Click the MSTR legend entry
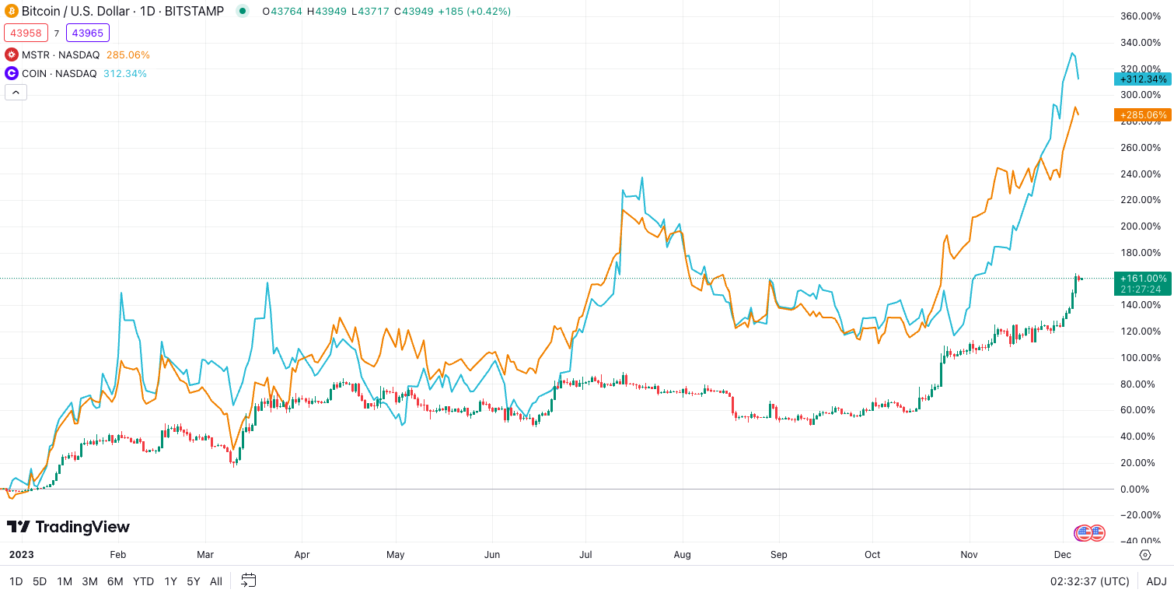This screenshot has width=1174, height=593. coord(60,54)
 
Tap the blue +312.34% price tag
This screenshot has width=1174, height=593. coord(1142,79)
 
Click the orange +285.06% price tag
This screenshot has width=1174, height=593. coord(1142,115)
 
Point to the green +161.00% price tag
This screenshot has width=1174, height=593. coord(1142,279)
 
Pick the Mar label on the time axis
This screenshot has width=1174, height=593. coord(205,555)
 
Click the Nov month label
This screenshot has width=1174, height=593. coord(969,555)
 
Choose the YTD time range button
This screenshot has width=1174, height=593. coord(143,581)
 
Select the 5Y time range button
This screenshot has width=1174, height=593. coord(194,581)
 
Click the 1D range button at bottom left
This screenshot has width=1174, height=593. coord(16,581)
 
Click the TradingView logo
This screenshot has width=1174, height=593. coord(68,527)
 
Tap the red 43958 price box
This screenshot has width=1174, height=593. coord(26,33)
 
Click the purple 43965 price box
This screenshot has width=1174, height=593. coord(88,33)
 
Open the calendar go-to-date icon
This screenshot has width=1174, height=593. coord(249,581)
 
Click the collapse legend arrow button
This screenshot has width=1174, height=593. coord(16,92)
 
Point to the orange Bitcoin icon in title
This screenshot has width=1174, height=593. coord(12,11)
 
